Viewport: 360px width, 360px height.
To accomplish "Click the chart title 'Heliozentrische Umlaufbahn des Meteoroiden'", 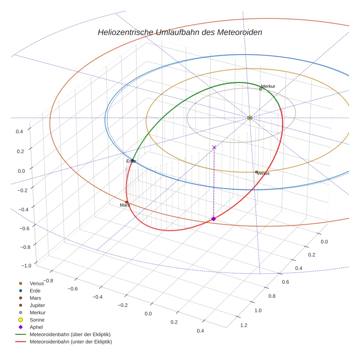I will (180, 32).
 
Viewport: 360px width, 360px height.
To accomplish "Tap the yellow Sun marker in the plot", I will (250, 118).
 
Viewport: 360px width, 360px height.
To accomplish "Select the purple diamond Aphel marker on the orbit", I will (214, 219).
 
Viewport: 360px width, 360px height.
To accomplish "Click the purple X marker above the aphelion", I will (214, 147).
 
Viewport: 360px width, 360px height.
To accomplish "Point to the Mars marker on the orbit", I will (127, 202).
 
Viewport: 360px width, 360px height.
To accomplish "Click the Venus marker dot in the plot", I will (256, 172).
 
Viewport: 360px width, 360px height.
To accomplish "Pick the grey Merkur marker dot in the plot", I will (260, 89).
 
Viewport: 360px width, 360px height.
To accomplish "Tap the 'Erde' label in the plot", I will (131, 161).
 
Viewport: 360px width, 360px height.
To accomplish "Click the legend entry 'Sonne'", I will (36, 320).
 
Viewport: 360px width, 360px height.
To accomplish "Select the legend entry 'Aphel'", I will (36, 327).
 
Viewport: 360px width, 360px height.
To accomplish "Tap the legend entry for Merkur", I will (37, 312).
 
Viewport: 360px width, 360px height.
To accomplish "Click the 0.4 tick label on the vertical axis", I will (19, 131).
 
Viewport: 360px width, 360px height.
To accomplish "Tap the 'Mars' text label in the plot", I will (125, 205).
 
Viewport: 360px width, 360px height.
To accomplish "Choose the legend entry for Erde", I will (35, 290).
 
